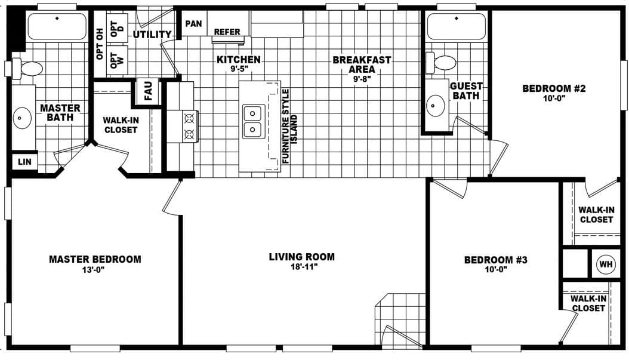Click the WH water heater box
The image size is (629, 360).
coord(606,264)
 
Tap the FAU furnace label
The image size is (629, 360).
coord(148,91)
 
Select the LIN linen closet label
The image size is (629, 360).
coord(24,162)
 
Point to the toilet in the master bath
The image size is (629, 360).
coord(28,68)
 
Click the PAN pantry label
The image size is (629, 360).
coord(193,24)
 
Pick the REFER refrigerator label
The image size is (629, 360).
coord(227,32)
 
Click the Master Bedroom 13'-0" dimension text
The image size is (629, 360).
coord(95,270)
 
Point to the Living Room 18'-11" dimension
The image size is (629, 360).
coord(301,267)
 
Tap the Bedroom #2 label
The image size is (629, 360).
coord(554,89)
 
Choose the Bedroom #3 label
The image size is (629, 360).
coord(495,260)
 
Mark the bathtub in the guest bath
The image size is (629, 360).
coord(457,27)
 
